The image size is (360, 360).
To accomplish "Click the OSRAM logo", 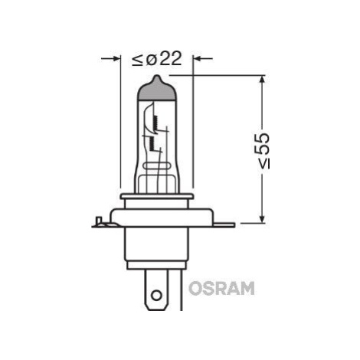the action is [221, 288].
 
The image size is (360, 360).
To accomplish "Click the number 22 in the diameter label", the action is [171, 58].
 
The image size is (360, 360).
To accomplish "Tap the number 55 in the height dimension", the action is [263, 144].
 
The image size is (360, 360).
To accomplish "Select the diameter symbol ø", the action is [152, 60].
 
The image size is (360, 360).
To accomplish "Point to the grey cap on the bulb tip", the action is [157, 89].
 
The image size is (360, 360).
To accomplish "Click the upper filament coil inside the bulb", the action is [155, 121].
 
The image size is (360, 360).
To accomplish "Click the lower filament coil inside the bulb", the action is [152, 143].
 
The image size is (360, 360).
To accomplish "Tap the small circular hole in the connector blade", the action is [156, 296].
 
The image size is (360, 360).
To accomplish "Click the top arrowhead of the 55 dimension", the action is [262, 80].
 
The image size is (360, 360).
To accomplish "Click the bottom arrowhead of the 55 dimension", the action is [262, 218].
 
